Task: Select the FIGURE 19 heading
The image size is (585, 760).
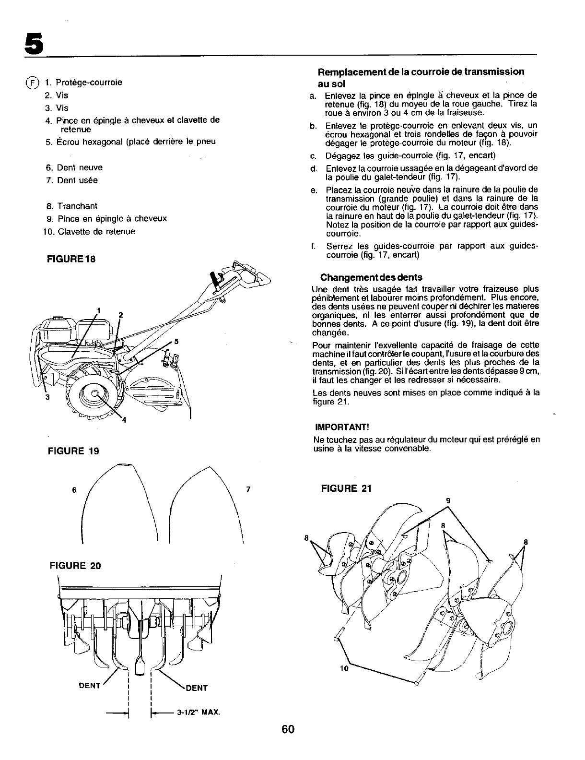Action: coord(73,451)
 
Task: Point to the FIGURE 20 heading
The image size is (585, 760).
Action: coord(76,565)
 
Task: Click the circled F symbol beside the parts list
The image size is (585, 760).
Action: coord(32,83)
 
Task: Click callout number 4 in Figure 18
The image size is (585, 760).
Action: coord(123,421)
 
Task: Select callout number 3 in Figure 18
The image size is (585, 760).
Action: coord(47,397)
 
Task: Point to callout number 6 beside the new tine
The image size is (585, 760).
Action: coord(74,490)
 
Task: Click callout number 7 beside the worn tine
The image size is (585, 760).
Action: coord(248,490)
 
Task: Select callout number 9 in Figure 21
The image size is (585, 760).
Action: coord(448,500)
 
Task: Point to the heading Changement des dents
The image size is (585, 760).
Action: coord(371,277)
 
